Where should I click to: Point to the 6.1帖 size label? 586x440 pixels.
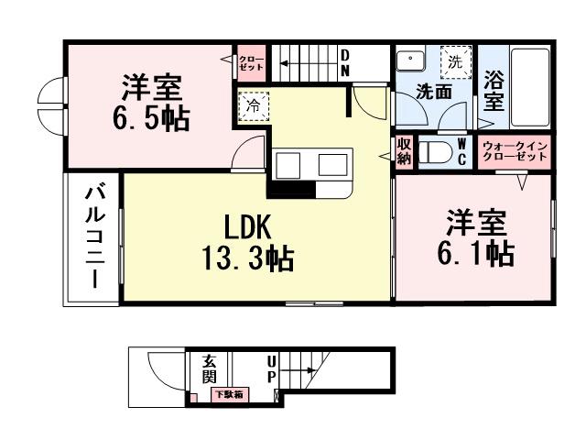pyautogui.click(x=474, y=251)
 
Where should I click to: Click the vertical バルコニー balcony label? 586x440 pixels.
pyautogui.click(x=93, y=236)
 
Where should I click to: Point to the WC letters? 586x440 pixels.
pyautogui.click(x=462, y=152)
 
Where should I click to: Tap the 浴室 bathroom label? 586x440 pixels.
pyautogui.click(x=494, y=92)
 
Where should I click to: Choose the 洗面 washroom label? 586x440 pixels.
pyautogui.click(x=432, y=92)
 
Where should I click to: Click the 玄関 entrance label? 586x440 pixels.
pyautogui.click(x=209, y=369)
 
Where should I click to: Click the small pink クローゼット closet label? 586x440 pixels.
pyautogui.click(x=251, y=61)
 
